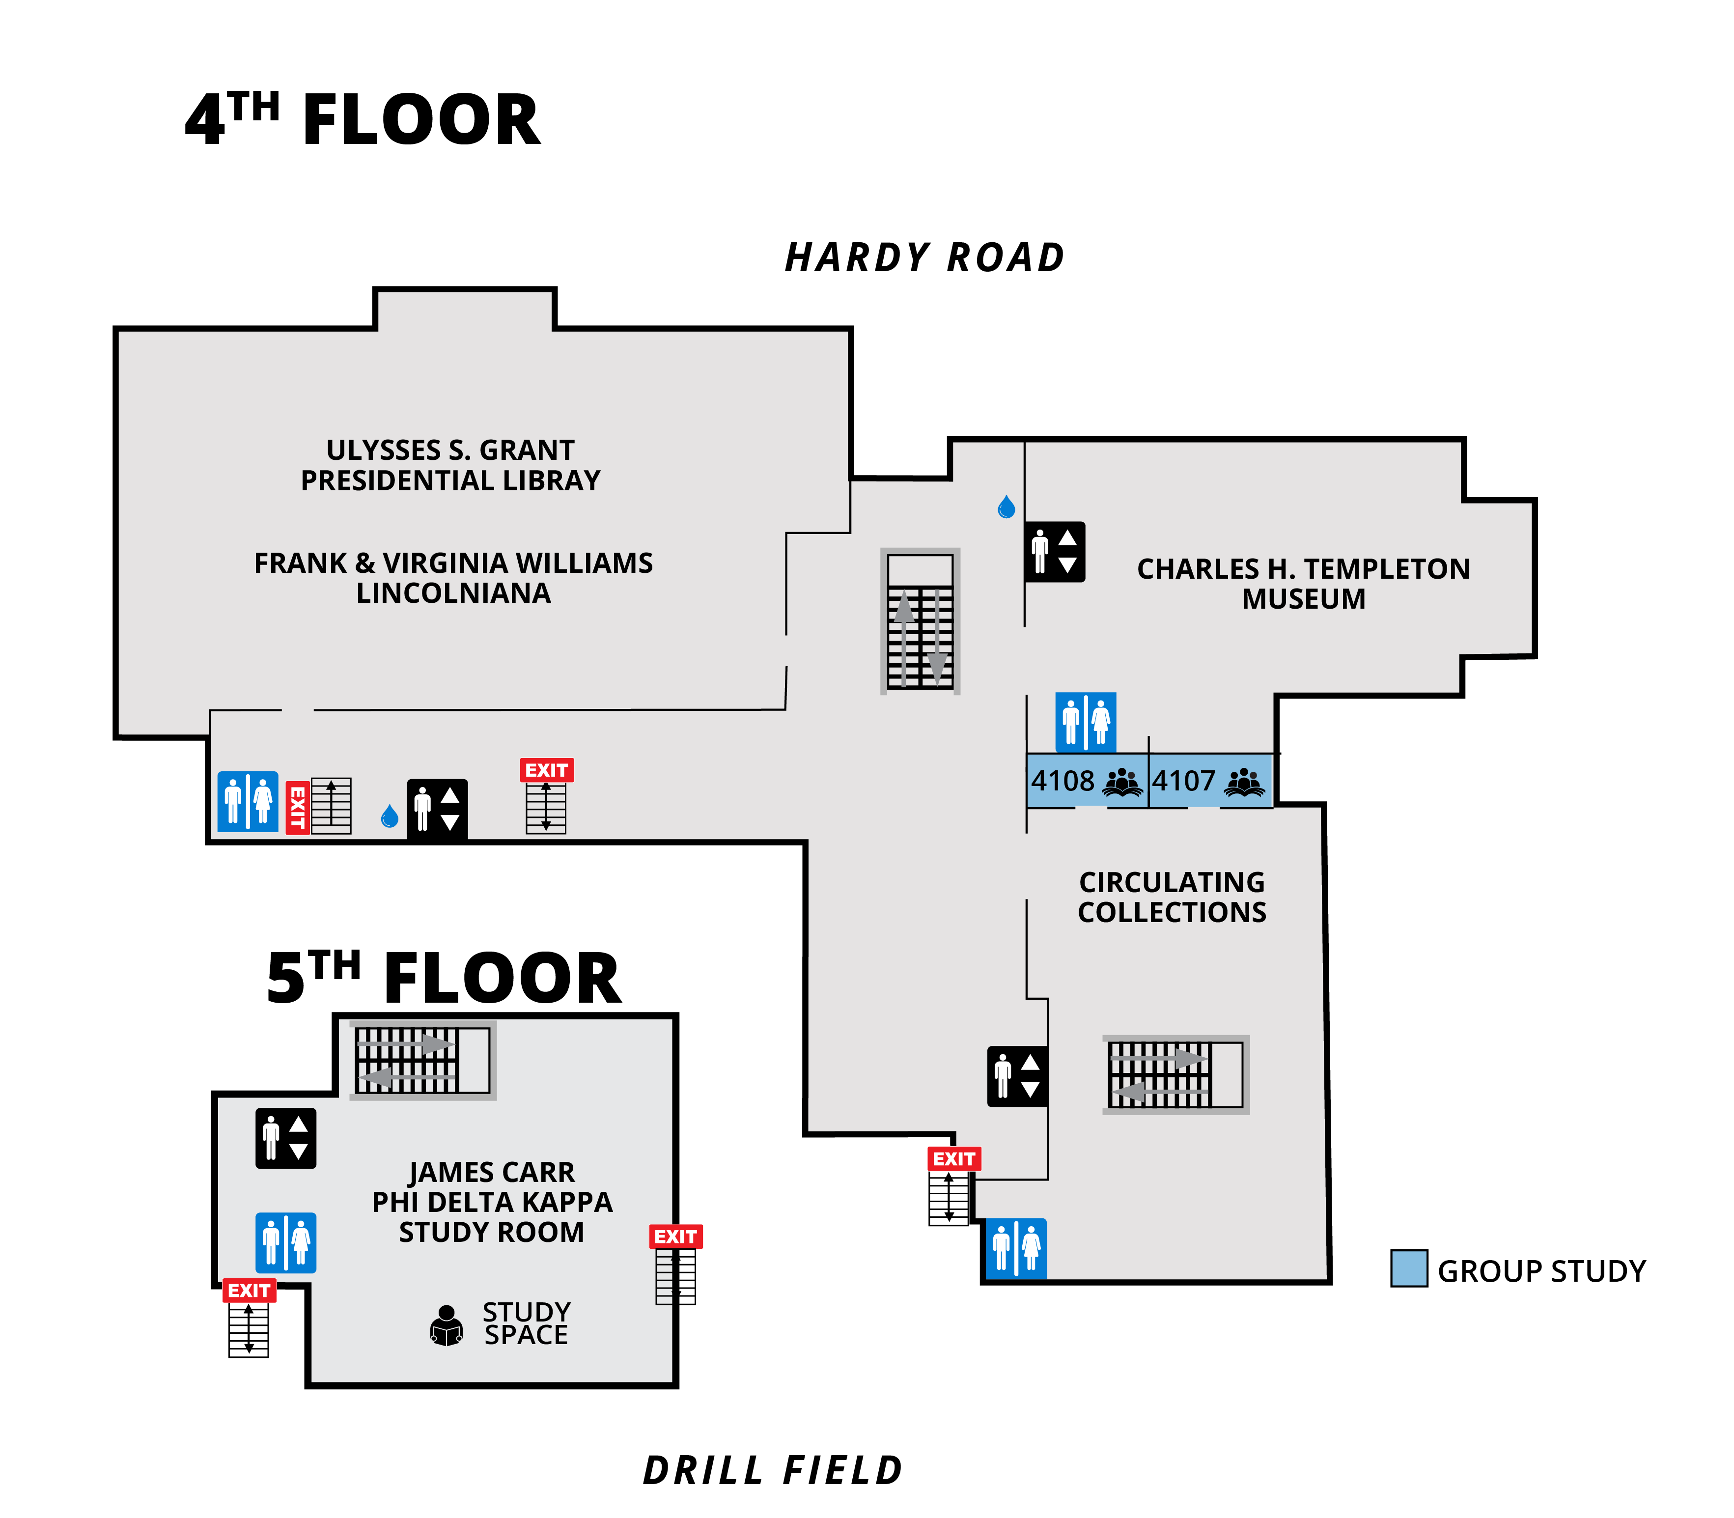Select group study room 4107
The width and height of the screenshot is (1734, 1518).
coord(1210,780)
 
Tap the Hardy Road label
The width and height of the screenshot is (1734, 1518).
coord(924,257)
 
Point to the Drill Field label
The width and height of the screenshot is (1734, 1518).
coord(773,1470)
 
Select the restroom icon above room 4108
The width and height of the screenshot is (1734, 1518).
coord(1085,722)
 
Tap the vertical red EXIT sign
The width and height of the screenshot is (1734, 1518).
coord(297,807)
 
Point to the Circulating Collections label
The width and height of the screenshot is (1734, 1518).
coord(1172,897)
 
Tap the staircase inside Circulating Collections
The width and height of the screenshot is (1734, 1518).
coord(1175,1074)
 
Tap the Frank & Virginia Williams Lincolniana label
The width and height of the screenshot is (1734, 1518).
coord(453,578)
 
